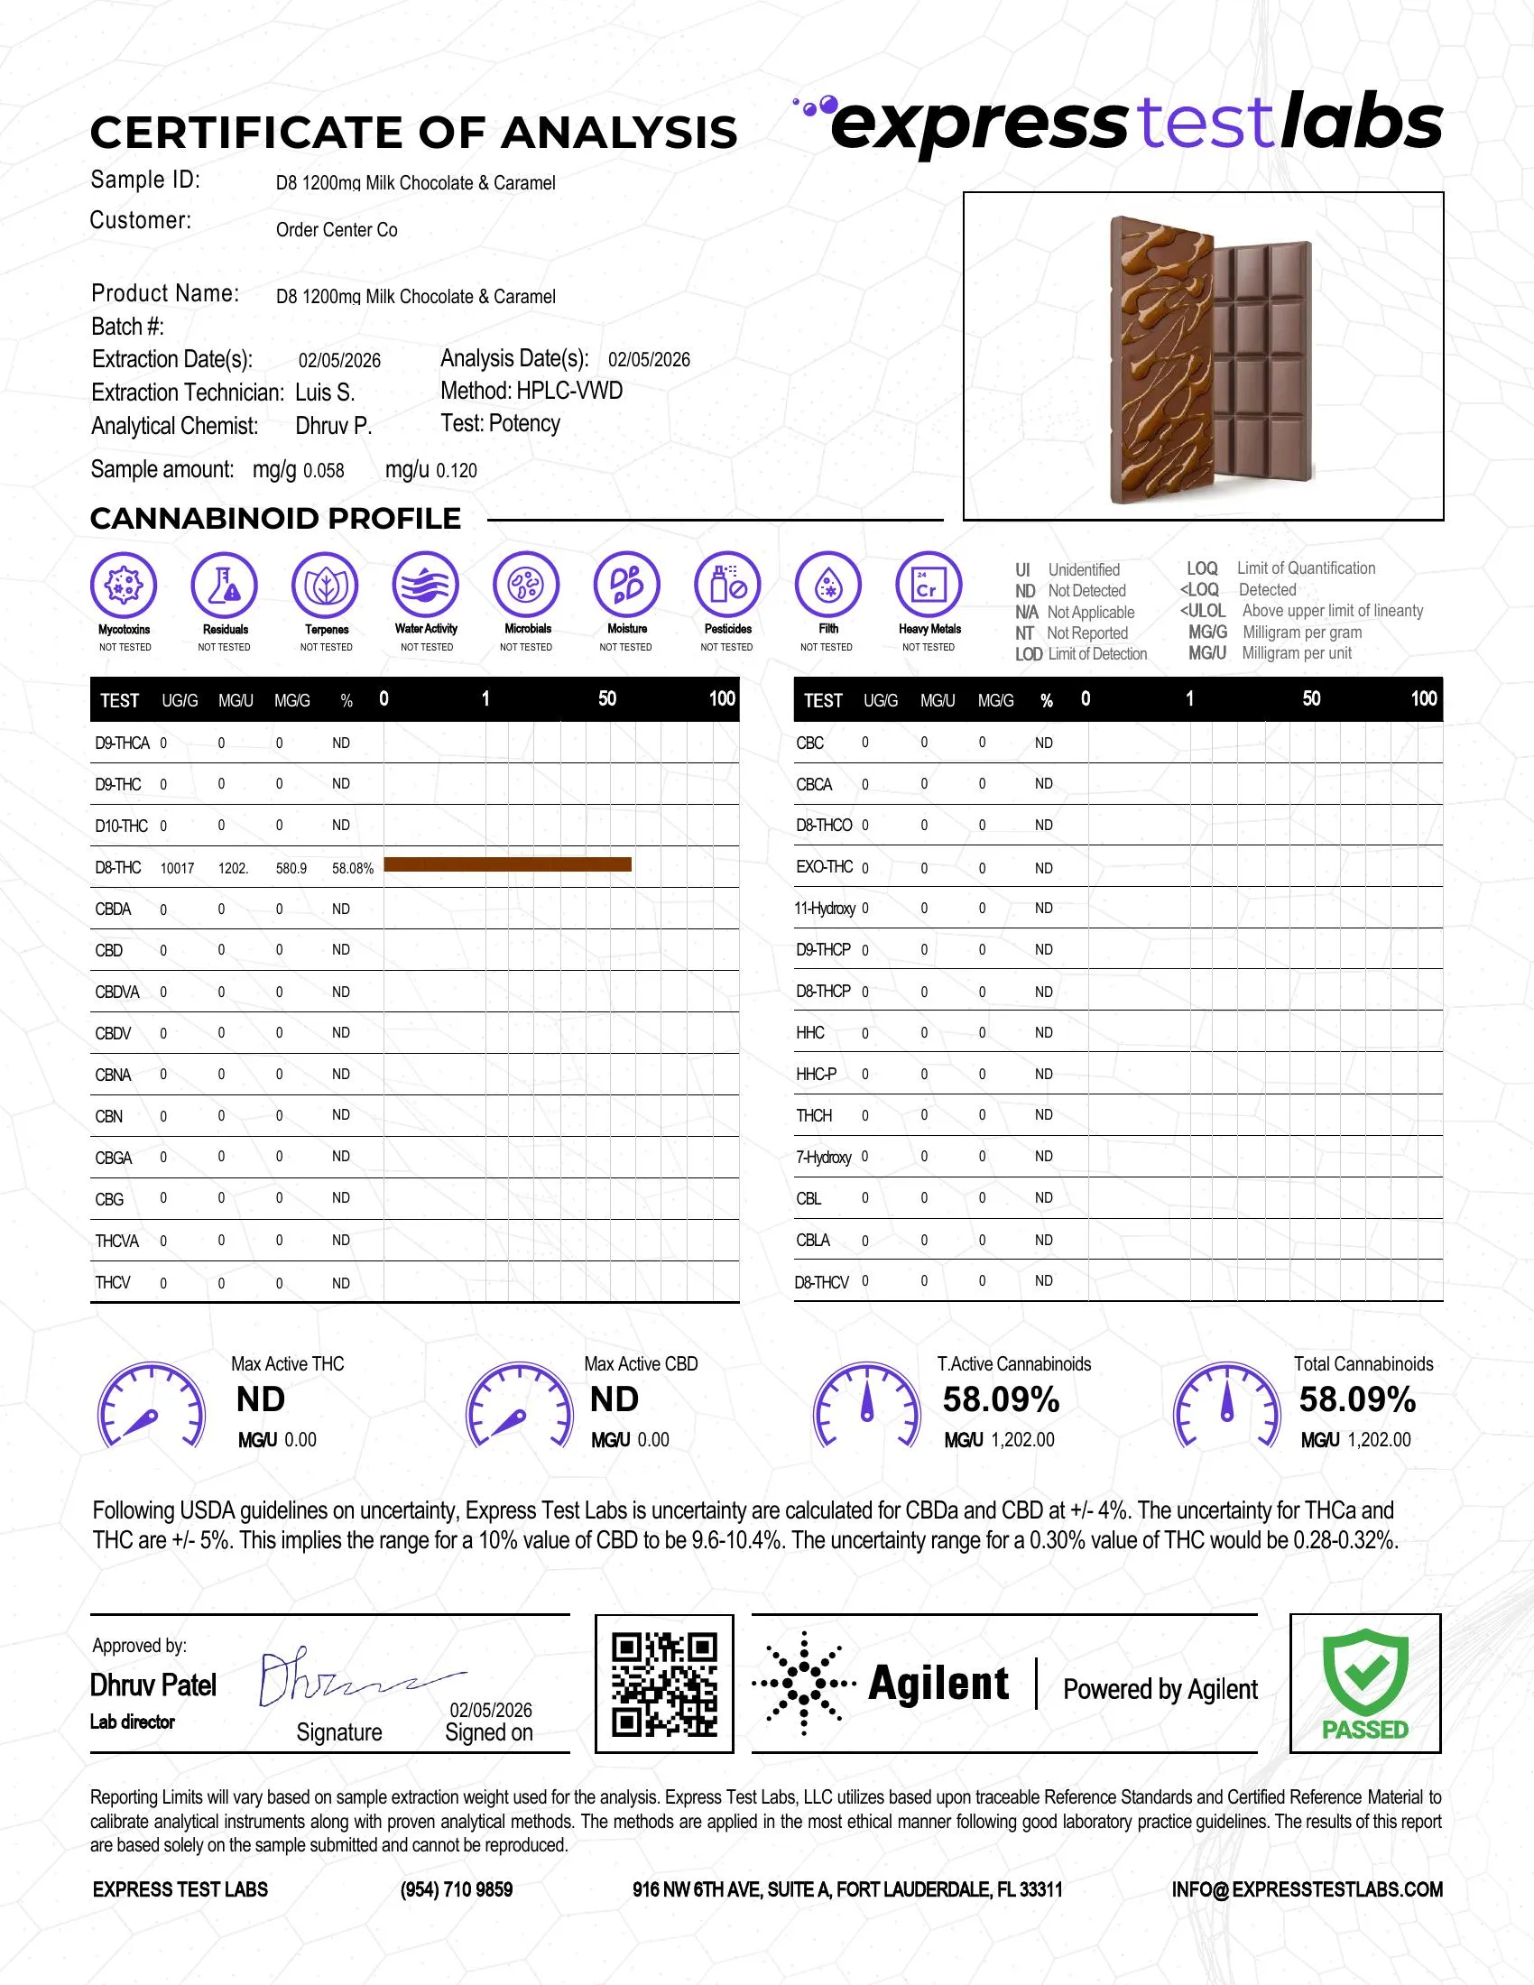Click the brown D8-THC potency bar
pyautogui.click(x=507, y=864)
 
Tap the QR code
pyautogui.click(x=663, y=1685)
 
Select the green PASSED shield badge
pyautogui.click(x=1365, y=1684)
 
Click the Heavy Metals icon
pyautogui.click(x=928, y=585)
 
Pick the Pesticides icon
pyautogui.click(x=727, y=585)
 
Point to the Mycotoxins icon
pyautogui.click(x=124, y=585)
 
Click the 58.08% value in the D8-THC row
pyautogui.click(x=353, y=868)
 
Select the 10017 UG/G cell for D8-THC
pyautogui.click(x=177, y=868)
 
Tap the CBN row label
pyautogui.click(x=109, y=1116)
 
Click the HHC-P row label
pyautogui.click(x=816, y=1075)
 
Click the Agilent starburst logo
pyautogui.click(x=803, y=1684)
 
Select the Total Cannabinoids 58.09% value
pyautogui.click(x=1357, y=1399)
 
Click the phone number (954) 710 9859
pyautogui.click(x=457, y=1889)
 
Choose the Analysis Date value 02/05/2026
pyautogui.click(x=649, y=360)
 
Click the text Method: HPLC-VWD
pyautogui.click(x=531, y=391)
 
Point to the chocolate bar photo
pyautogui.click(x=1203, y=356)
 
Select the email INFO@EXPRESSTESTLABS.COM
pyautogui.click(x=1307, y=1889)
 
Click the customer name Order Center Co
pyautogui.click(x=337, y=230)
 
